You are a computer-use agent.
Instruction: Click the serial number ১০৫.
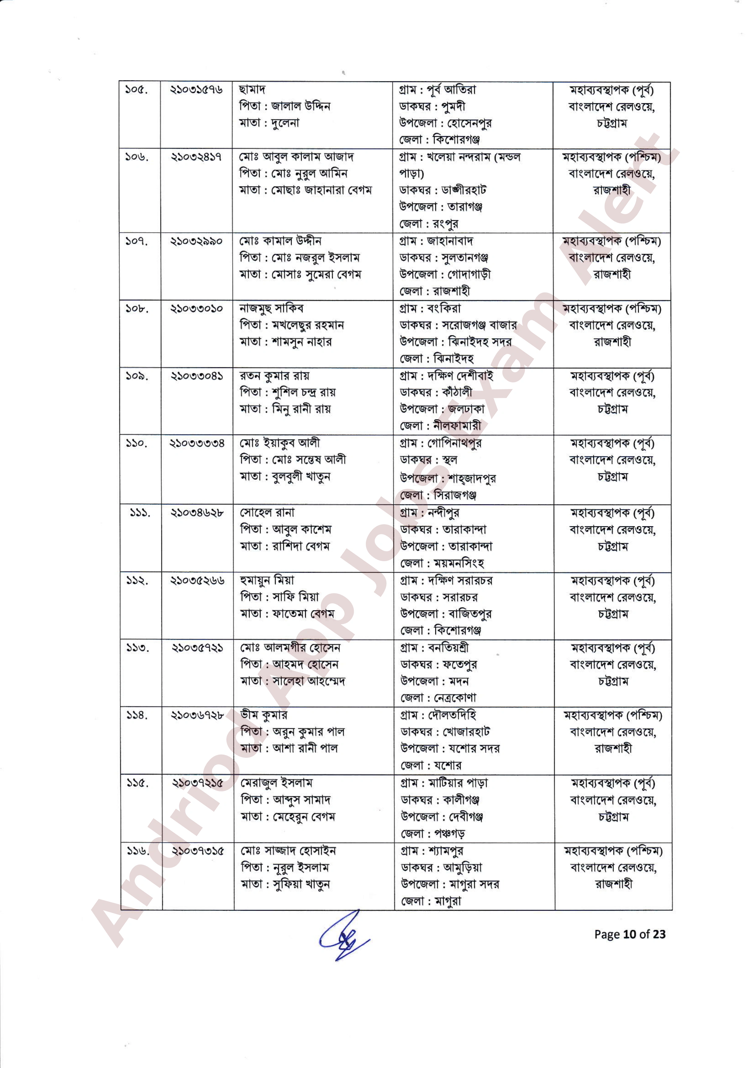(136, 90)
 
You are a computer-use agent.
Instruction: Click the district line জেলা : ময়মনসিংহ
(441, 563)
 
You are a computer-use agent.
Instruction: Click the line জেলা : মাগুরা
(431, 901)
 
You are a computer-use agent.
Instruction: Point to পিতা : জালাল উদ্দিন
(285, 106)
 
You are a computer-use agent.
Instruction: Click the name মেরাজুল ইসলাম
(277, 783)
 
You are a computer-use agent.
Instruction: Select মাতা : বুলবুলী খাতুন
(285, 477)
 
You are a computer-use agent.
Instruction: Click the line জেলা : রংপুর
(428, 224)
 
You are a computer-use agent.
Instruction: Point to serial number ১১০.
(137, 443)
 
